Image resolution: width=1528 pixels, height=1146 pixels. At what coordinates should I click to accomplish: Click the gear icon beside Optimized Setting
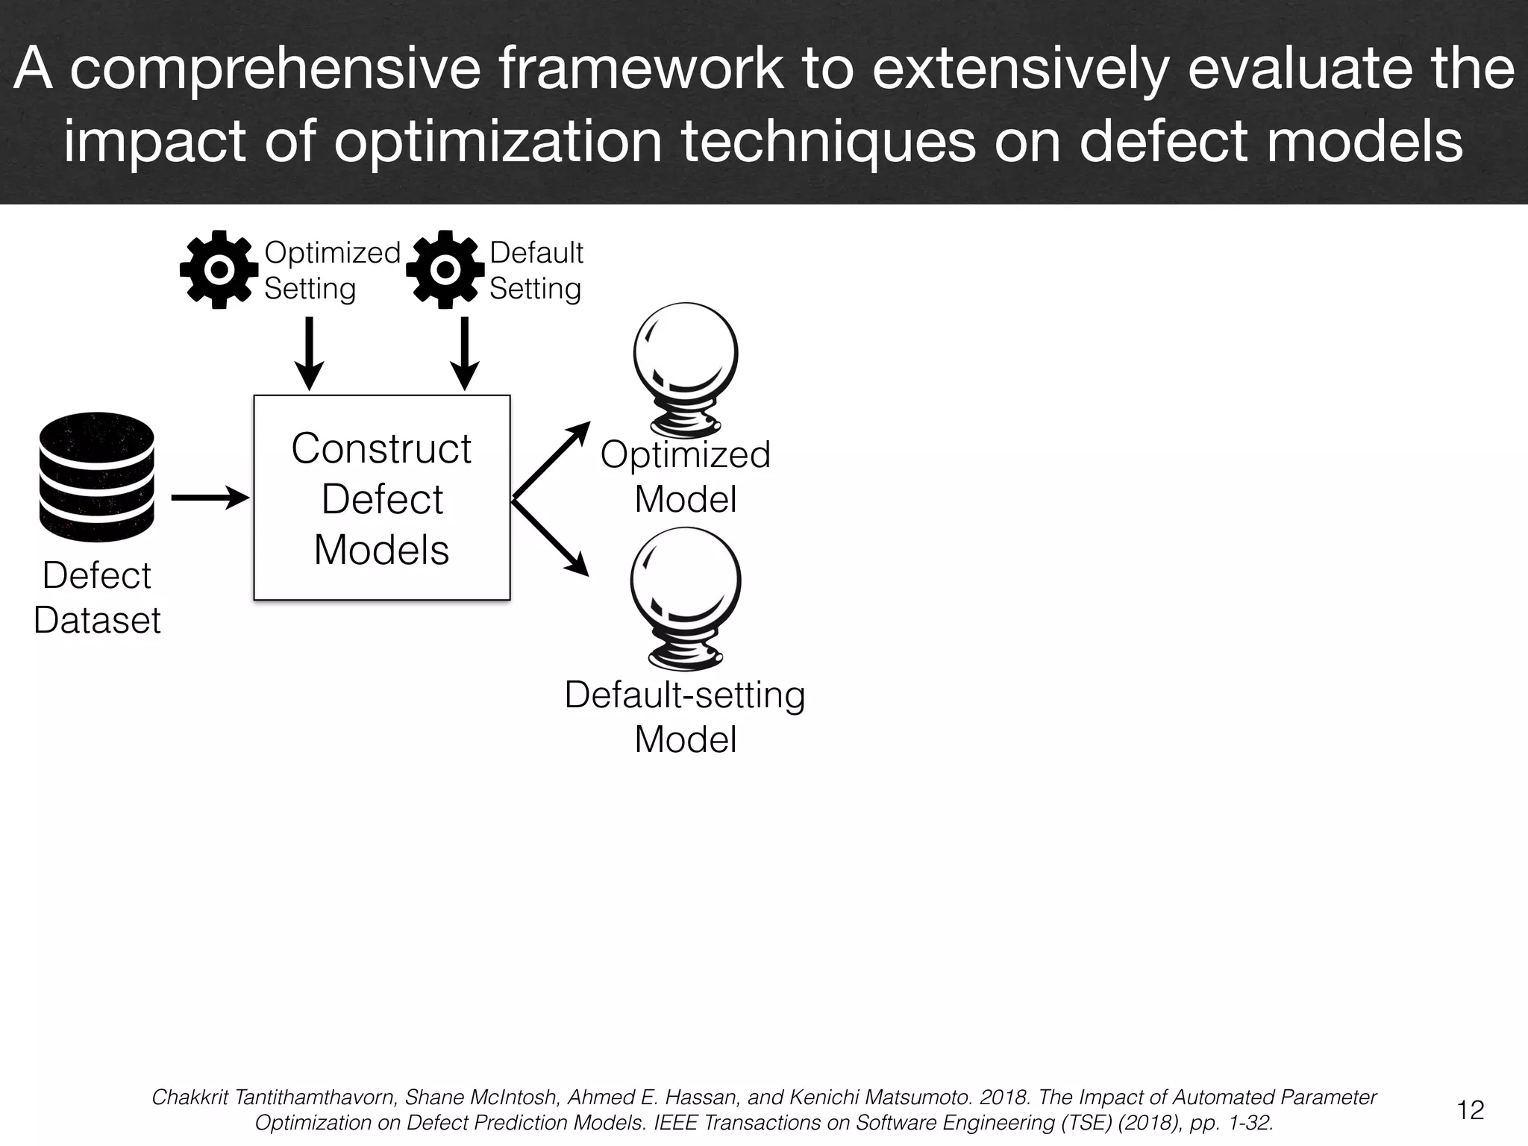pyautogui.click(x=219, y=269)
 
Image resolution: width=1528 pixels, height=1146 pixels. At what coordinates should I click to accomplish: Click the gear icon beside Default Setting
pyautogui.click(x=445, y=269)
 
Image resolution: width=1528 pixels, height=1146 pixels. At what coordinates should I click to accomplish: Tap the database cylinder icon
pyautogui.click(x=96, y=477)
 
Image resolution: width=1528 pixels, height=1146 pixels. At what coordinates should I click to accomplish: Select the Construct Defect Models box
pyautogui.click(x=382, y=498)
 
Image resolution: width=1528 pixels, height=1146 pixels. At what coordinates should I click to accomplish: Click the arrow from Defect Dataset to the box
pyautogui.click(x=210, y=497)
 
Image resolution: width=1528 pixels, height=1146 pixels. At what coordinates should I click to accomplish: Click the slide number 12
pyautogui.click(x=1471, y=1110)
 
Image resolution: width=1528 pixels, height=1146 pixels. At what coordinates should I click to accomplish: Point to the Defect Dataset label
pyautogui.click(x=97, y=598)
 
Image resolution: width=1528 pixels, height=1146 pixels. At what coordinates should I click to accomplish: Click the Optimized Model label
pyautogui.click(x=686, y=477)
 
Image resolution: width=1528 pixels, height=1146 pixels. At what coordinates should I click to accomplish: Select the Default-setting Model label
pyautogui.click(x=686, y=717)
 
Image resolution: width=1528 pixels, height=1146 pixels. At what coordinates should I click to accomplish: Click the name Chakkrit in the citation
pyautogui.click(x=191, y=1098)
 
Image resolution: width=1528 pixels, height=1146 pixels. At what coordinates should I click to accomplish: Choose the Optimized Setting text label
pyautogui.click(x=332, y=271)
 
